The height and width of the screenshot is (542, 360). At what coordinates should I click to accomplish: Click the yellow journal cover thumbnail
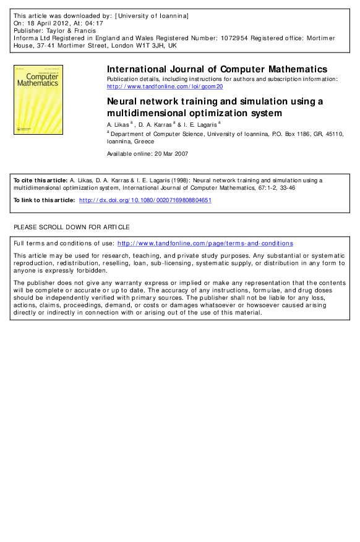34,98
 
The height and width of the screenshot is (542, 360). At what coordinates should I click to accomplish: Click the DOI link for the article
145,200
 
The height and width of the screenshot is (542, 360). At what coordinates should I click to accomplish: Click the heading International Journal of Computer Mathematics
217,69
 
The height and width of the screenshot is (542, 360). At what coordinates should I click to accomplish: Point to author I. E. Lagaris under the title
200,124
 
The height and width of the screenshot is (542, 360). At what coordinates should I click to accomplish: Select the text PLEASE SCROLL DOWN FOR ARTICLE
72,227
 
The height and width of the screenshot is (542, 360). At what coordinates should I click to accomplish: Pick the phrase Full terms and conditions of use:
64,243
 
